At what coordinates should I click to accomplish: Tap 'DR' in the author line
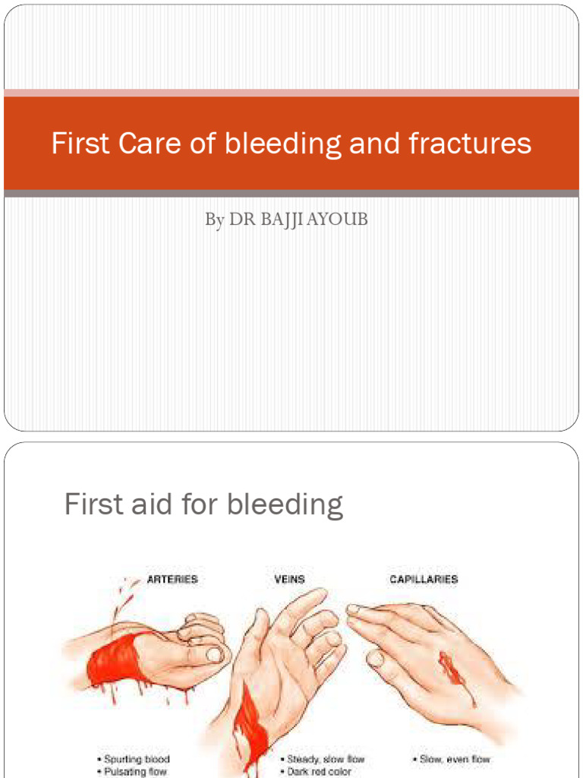pyautogui.click(x=243, y=220)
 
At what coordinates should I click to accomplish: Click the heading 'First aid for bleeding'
pyautogui.click(x=203, y=504)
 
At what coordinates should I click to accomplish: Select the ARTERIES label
pyautogui.click(x=172, y=580)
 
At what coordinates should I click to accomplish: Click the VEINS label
pyautogui.click(x=289, y=580)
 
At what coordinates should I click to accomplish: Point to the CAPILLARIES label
pyautogui.click(x=424, y=580)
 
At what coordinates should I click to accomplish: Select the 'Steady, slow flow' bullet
pyautogui.click(x=325, y=759)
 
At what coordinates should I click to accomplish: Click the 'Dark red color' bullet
pyautogui.click(x=319, y=772)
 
